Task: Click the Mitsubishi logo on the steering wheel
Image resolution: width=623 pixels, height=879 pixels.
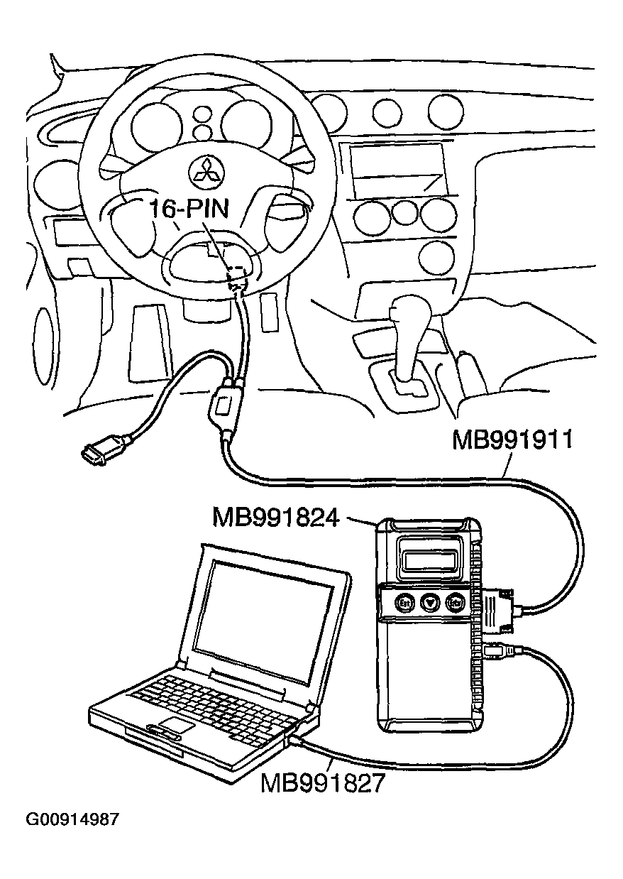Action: click(x=206, y=173)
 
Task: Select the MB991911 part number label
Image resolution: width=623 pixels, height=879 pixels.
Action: click(x=512, y=440)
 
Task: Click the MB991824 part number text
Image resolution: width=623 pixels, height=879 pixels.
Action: click(x=275, y=518)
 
